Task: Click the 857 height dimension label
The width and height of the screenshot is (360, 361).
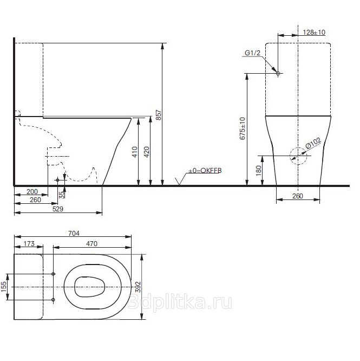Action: click(x=159, y=115)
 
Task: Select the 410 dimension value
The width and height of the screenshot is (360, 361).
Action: click(x=135, y=152)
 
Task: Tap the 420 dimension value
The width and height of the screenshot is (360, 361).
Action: click(x=147, y=152)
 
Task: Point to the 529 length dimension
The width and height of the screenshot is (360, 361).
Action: click(x=58, y=209)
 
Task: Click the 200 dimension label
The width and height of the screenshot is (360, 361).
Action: click(x=32, y=191)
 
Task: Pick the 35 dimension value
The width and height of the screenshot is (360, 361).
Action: click(x=62, y=195)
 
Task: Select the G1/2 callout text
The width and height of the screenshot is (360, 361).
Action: click(x=252, y=53)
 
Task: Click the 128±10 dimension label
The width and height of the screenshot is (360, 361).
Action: click(x=314, y=32)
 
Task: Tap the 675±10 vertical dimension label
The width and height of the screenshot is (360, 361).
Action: click(x=243, y=128)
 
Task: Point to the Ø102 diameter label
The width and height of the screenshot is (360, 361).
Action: click(x=313, y=143)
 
